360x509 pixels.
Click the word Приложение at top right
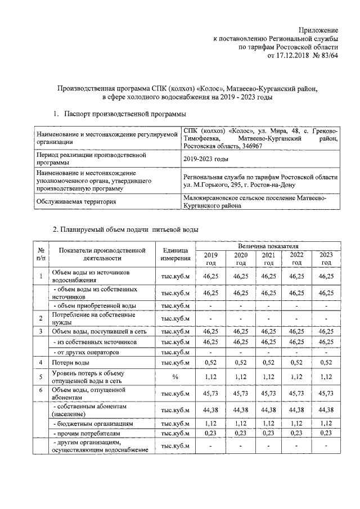(x=318, y=29)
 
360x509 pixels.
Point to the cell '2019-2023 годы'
(x=206, y=159)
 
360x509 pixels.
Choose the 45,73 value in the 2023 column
(x=326, y=392)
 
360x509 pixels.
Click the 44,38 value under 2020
(x=240, y=409)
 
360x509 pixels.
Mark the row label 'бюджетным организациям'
(x=92, y=422)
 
